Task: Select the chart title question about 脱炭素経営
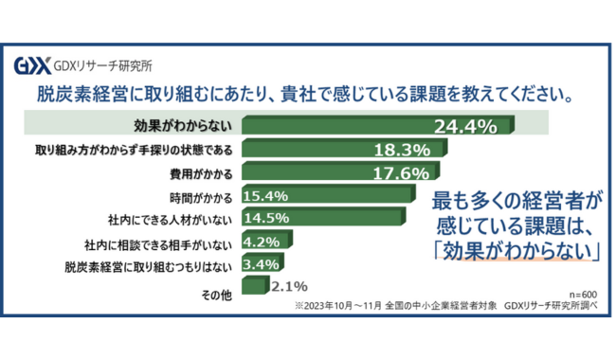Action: click(304, 95)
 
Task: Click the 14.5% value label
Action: click(265, 218)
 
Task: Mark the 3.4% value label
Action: click(260, 264)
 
